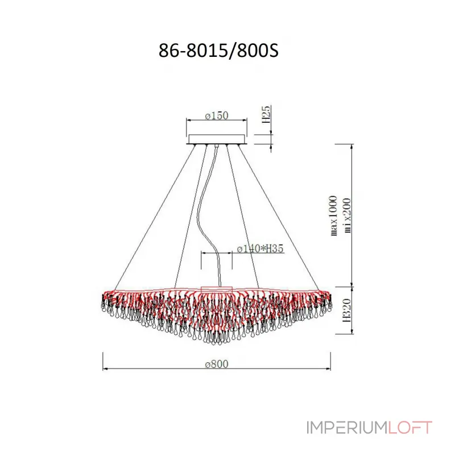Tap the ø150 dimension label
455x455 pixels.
coord(216,116)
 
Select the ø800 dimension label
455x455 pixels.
coord(217,363)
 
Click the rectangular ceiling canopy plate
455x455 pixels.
coord(217,139)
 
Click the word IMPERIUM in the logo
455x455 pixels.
coord(338,427)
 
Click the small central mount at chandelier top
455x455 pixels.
coord(217,288)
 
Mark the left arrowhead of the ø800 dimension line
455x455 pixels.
coord(105,369)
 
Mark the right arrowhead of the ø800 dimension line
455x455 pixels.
coord(329,369)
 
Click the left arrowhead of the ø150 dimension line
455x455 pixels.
coord(189,121)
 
